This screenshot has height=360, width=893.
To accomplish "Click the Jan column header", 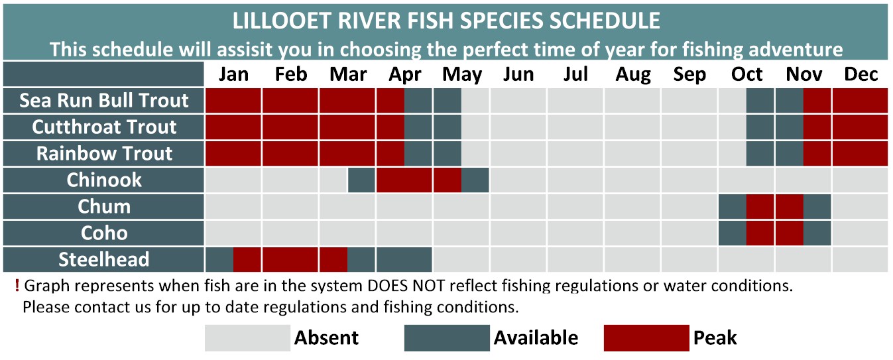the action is (x=233, y=74).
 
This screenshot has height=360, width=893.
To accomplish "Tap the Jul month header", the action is (x=575, y=74).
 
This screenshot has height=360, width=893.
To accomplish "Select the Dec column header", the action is (x=861, y=74).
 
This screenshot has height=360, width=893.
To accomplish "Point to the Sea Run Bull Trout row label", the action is (x=103, y=101).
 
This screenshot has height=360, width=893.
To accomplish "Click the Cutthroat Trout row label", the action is (x=103, y=127).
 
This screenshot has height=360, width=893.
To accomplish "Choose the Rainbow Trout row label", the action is (x=103, y=154).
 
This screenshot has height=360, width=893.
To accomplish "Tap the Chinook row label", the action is (x=103, y=180).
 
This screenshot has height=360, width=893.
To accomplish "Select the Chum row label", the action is (x=103, y=206).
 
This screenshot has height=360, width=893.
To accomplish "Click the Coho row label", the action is (x=103, y=233).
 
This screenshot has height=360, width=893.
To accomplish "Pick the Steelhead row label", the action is (x=103, y=259).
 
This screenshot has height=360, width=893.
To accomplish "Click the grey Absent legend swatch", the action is (x=247, y=337).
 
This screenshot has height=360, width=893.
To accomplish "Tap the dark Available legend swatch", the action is (x=447, y=337).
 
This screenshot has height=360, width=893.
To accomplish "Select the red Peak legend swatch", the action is (x=646, y=337).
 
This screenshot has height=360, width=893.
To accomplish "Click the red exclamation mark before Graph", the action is (x=17, y=286).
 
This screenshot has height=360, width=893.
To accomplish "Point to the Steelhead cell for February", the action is (x=290, y=259).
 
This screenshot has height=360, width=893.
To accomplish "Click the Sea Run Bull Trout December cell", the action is (x=860, y=101).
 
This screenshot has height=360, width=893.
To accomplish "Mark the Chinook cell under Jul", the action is (x=575, y=180).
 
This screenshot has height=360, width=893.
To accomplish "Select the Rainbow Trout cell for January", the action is (x=233, y=154).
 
